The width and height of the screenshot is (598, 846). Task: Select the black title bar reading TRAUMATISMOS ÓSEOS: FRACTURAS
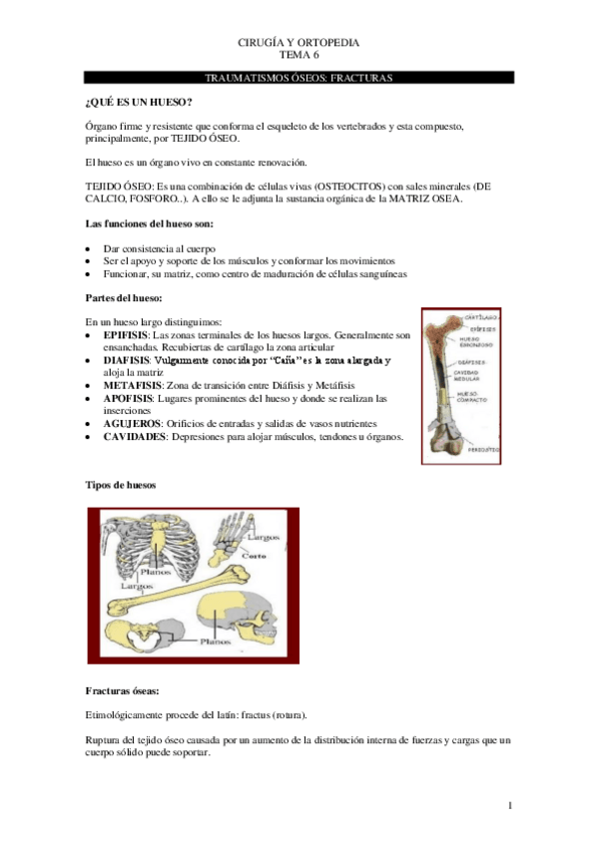[x=299, y=77]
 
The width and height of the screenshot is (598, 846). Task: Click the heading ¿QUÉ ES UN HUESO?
[x=139, y=102]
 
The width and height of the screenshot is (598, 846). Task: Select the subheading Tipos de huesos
[x=120, y=484]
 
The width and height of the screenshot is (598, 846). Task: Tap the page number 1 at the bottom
[x=509, y=804]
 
